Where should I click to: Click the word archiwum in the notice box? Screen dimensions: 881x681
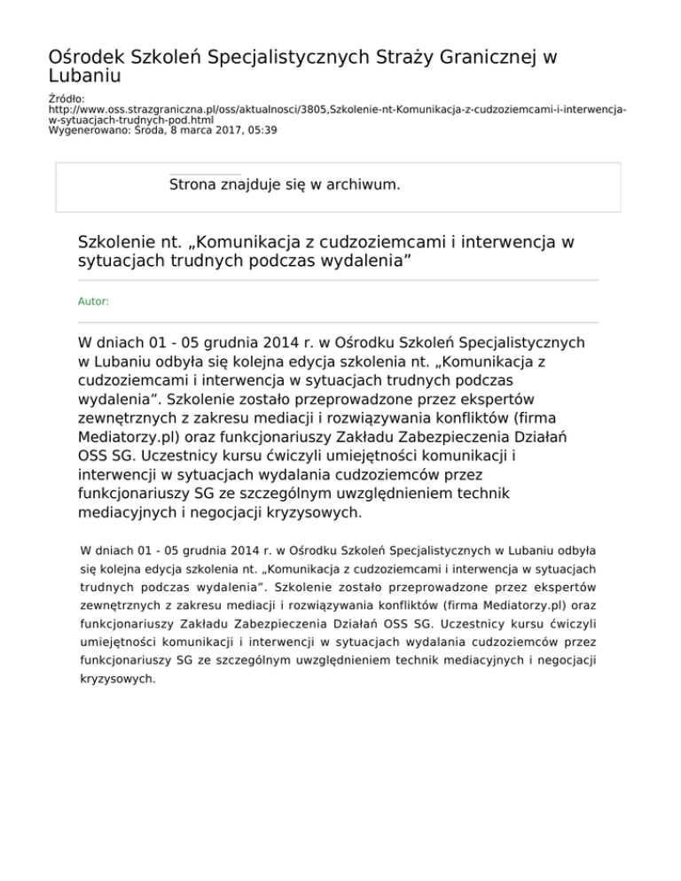coord(360,185)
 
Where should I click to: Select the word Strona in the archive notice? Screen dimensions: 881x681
coord(194,185)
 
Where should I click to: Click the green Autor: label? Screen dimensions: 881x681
coord(94,301)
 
